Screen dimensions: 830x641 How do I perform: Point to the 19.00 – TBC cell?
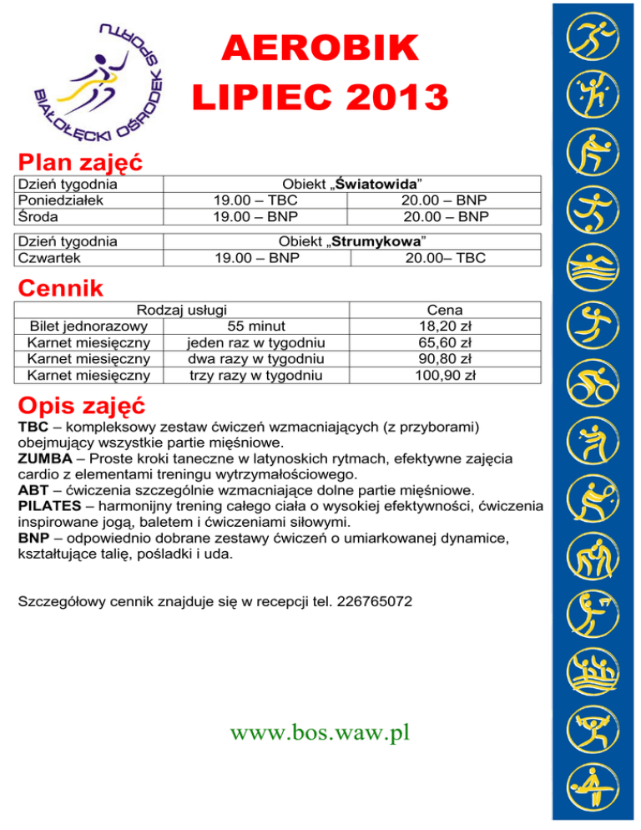coord(256,200)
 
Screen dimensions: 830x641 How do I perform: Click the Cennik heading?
coord(62,289)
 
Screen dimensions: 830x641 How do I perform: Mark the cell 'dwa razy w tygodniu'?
coord(255,359)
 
